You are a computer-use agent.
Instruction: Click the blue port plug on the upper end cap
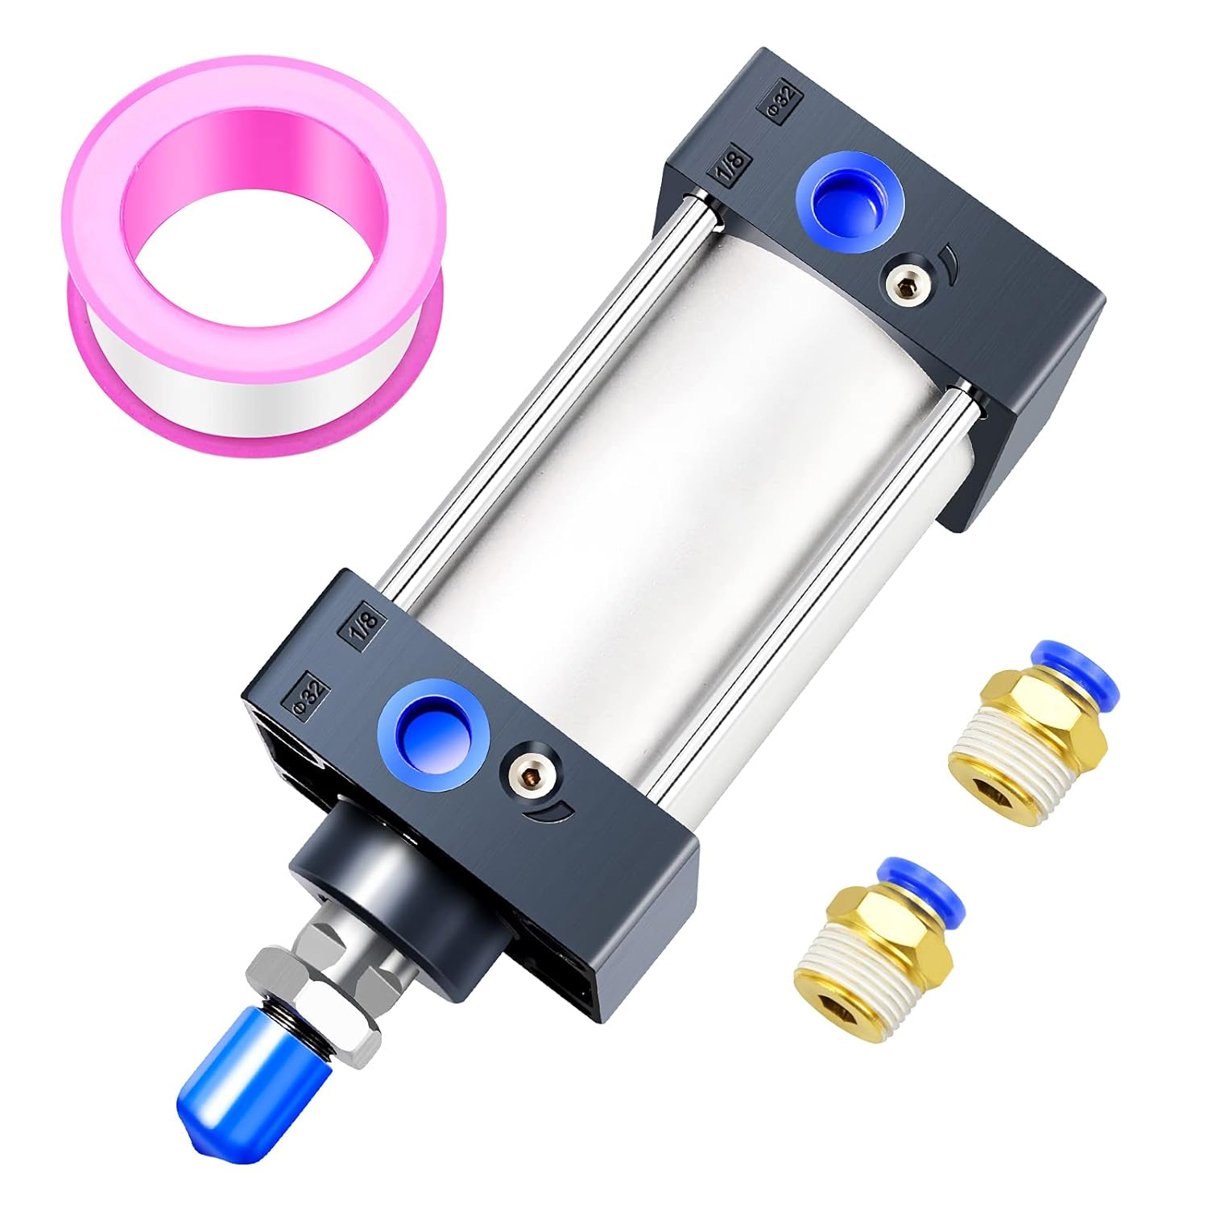pos(850,201)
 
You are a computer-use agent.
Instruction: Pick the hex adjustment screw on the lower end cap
pos(530,776)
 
